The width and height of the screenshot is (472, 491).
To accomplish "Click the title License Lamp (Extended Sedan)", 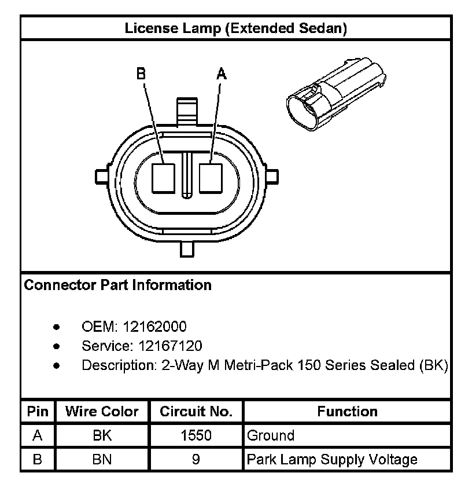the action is [x=236, y=28].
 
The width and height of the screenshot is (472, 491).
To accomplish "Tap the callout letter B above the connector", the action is [x=141, y=74].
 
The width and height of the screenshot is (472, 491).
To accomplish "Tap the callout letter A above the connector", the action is [x=222, y=74].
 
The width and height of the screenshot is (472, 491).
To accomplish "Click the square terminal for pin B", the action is [x=163, y=178].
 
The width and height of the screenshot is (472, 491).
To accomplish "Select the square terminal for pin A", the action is [x=211, y=178].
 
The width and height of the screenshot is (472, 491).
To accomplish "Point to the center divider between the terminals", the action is [x=187, y=175].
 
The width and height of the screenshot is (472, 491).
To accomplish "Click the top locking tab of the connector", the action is [x=187, y=112].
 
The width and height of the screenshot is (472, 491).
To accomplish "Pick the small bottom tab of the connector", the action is [x=187, y=249].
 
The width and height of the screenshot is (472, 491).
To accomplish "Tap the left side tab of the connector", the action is [x=102, y=177].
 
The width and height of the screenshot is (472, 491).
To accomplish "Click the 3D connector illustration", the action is [x=337, y=93].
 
